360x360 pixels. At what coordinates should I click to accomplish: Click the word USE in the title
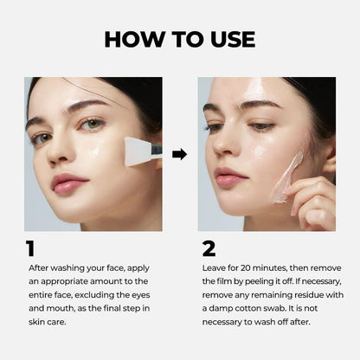click(x=229, y=40)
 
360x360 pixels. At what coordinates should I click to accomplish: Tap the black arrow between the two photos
click(x=180, y=154)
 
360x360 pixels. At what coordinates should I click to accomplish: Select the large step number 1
click(x=31, y=249)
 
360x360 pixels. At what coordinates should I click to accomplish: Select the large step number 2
click(x=209, y=249)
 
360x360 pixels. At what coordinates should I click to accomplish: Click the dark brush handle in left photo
click(x=157, y=151)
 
